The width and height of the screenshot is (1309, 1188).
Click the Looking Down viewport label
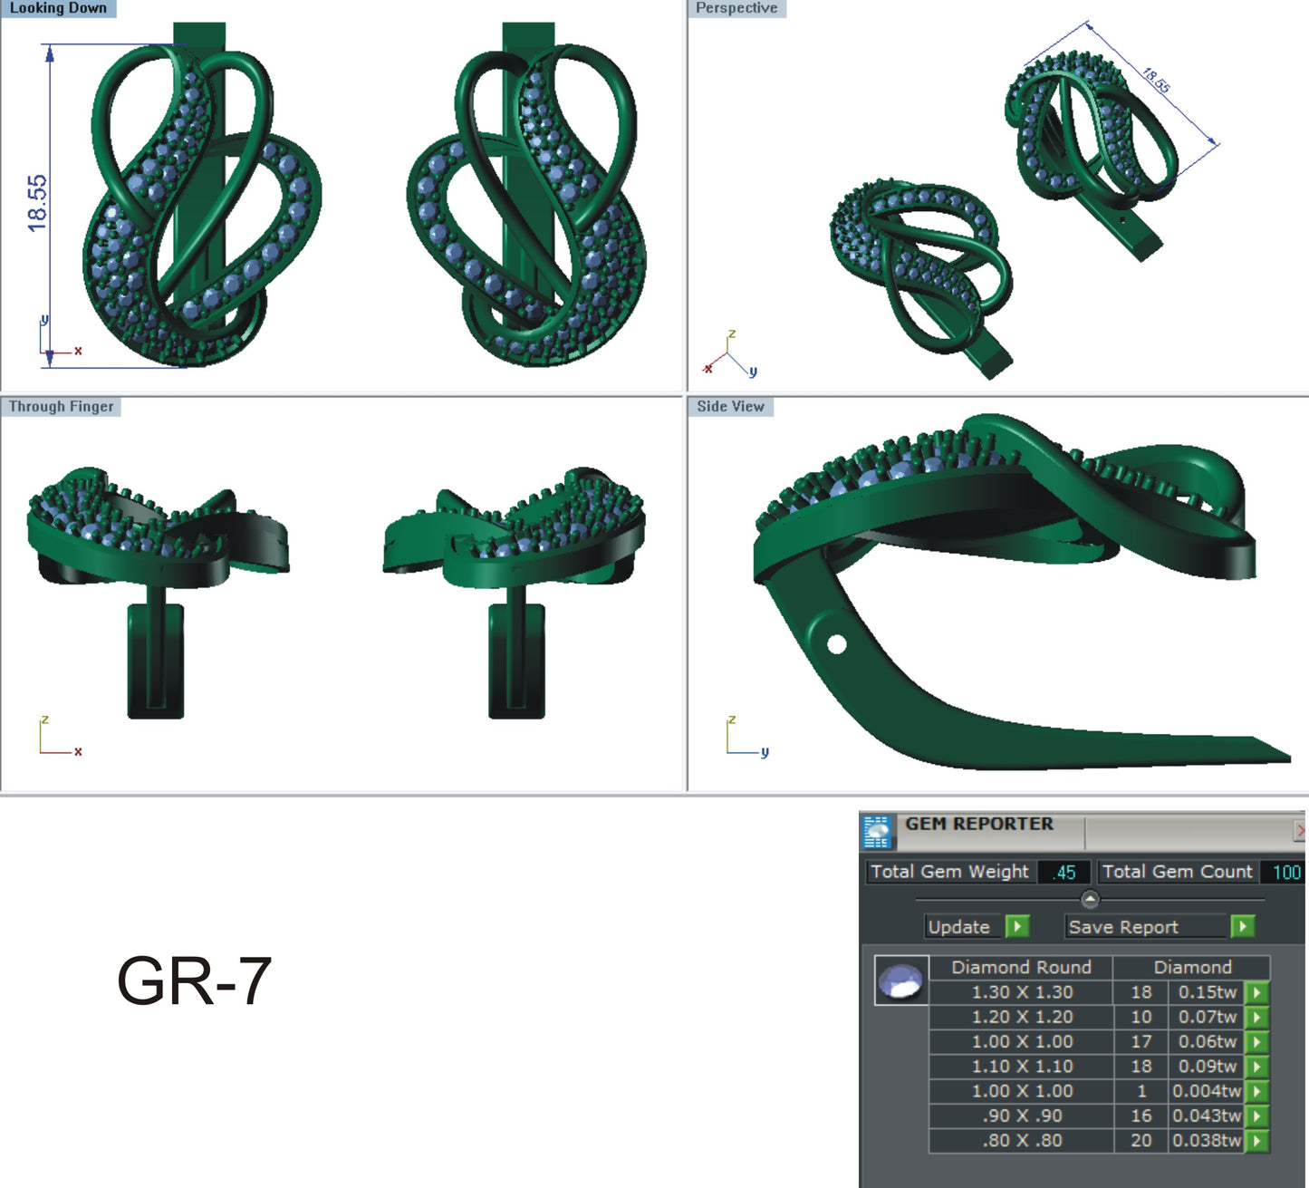pyautogui.click(x=58, y=8)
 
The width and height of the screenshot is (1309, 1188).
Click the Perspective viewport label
pyautogui.click(x=736, y=8)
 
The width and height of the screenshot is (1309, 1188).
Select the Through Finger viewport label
pyautogui.click(x=61, y=407)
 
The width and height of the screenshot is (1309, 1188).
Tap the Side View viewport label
pyautogui.click(x=730, y=407)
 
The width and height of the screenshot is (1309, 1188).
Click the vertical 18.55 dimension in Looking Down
pyautogui.click(x=37, y=203)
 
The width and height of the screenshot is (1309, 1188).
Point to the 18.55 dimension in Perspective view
pyautogui.click(x=1156, y=81)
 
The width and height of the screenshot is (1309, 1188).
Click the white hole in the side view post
pyautogui.click(x=836, y=644)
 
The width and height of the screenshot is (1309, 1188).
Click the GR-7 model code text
pyautogui.click(x=194, y=980)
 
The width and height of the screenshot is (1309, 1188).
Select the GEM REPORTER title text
pyautogui.click(x=979, y=824)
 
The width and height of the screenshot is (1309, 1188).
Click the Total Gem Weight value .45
pyautogui.click(x=1064, y=872)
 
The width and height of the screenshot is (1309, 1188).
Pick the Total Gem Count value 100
pyautogui.click(x=1285, y=872)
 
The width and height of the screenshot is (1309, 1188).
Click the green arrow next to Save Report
pyautogui.click(x=1243, y=926)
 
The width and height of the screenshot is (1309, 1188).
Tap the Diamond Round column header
pyautogui.click(x=1021, y=967)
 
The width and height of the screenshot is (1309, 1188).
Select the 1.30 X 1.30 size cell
pyautogui.click(x=1022, y=992)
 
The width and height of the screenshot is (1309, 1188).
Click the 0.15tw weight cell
pyautogui.click(x=1207, y=992)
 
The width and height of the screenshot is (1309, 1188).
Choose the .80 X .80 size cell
pyautogui.click(x=1022, y=1141)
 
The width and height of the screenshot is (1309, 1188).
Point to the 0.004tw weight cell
pyautogui.click(x=1207, y=1091)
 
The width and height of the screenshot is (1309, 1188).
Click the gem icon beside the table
pyautogui.click(x=901, y=980)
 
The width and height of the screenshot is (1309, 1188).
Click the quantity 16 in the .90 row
pyautogui.click(x=1141, y=1116)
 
